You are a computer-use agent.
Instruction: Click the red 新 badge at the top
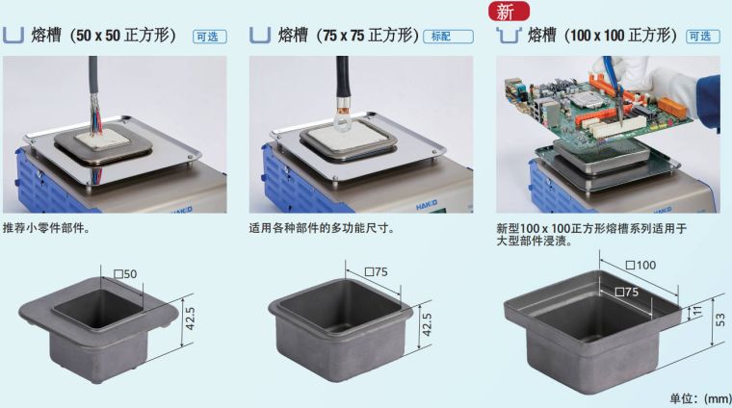509,11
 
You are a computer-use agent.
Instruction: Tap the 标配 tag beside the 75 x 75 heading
448,37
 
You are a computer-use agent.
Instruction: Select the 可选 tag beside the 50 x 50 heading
210,37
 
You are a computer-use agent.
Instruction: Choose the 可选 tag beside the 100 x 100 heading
702,37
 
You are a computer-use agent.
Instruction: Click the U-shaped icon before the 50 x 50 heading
13,36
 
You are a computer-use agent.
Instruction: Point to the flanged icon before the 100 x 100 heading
509,36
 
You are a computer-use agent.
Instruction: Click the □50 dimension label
125,273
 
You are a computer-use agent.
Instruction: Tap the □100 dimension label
640,266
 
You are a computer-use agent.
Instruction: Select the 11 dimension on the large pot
697,311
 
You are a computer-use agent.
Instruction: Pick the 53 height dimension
720,319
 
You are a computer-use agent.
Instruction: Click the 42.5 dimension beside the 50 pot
190,319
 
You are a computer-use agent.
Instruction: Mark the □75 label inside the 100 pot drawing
626,292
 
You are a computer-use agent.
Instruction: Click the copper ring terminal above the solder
342,115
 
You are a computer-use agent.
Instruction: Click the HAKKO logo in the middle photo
427,205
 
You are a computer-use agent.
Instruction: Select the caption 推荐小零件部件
46,228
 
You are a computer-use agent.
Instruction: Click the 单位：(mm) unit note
701,398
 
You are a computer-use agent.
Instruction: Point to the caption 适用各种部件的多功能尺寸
322,228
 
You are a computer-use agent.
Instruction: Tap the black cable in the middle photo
342,78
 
